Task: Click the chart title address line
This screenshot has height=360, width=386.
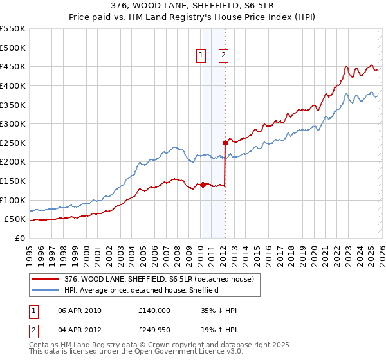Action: (x=192, y=7)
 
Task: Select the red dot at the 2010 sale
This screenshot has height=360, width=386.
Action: (x=203, y=184)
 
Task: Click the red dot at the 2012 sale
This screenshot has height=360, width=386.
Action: (x=225, y=143)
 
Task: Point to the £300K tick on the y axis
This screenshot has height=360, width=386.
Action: (x=13, y=123)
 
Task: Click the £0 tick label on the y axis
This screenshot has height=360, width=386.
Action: (x=19, y=238)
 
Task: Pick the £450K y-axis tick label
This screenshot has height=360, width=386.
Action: (x=13, y=66)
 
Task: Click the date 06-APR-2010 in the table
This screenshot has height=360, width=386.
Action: (x=80, y=310)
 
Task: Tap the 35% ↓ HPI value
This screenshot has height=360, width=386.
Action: (x=219, y=310)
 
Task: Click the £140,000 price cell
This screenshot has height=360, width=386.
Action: (x=154, y=310)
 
